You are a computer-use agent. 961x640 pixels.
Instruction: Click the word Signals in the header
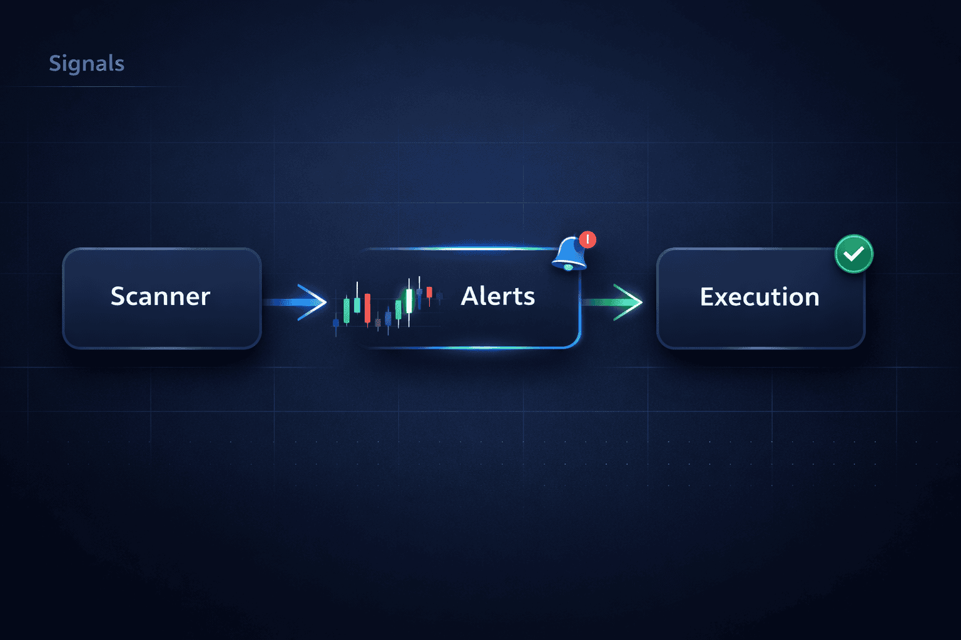(x=86, y=63)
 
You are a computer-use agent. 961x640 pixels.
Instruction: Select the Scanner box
(x=161, y=298)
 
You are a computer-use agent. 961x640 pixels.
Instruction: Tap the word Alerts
(x=497, y=296)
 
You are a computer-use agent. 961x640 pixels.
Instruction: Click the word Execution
(x=759, y=297)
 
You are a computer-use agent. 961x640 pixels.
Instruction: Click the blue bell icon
(x=568, y=252)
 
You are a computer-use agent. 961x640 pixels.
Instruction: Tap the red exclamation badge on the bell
(x=587, y=239)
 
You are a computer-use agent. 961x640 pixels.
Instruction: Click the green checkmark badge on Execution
(x=854, y=254)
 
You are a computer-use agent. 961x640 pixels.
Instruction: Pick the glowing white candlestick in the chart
(x=409, y=301)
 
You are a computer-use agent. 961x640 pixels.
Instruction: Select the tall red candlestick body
(x=367, y=308)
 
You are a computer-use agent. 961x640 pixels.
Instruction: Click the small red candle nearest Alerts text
(x=429, y=292)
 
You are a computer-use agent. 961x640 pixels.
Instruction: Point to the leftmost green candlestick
(x=347, y=311)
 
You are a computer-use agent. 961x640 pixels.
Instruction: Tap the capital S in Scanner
(x=118, y=296)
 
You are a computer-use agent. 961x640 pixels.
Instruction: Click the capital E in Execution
(x=708, y=297)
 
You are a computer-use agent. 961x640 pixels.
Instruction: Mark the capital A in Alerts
(x=470, y=296)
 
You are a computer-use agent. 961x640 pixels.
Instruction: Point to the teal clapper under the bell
(x=568, y=267)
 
